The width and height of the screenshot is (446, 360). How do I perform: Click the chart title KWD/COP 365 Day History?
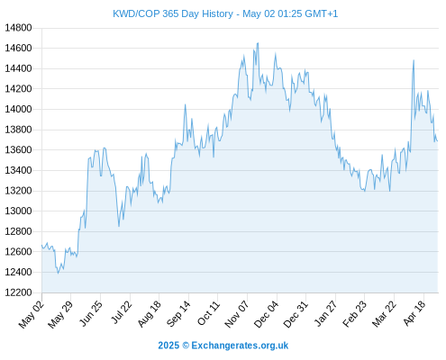173,13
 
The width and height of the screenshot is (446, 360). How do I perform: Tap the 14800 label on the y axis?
18,28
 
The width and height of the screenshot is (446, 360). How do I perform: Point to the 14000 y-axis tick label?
18,109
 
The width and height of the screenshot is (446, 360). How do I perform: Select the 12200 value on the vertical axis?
18,292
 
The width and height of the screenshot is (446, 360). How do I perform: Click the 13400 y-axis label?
18,170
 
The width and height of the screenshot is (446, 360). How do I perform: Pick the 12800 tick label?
18,231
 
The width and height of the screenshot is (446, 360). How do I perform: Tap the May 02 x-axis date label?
32,314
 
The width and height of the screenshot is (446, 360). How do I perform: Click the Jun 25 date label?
90,313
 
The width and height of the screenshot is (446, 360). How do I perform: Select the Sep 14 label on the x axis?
178,313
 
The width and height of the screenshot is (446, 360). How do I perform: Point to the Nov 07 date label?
237,314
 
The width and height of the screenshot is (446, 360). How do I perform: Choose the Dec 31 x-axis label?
296,314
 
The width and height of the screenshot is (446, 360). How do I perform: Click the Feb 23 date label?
354,314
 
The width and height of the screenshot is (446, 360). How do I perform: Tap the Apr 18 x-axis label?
414,313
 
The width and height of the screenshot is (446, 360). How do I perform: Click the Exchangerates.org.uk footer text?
240,346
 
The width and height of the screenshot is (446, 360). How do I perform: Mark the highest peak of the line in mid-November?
258,43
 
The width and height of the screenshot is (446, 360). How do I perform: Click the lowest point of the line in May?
58,273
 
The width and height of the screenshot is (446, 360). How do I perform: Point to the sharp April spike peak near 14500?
414,60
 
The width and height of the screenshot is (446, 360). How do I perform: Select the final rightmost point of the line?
438,141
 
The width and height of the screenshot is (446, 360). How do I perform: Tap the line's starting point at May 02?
41,245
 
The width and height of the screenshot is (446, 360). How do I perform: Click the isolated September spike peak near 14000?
185,104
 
